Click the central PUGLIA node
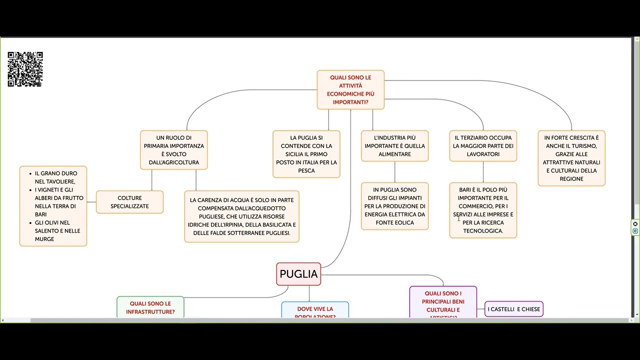pos(298,274)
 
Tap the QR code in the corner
pos(25,69)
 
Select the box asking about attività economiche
pos(350,89)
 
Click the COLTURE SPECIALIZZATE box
pos(129,202)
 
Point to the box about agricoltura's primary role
pos(173,150)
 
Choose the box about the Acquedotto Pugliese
pos(241,216)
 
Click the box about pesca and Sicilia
pos(306,154)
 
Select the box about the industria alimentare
pos(394,146)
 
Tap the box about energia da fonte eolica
pos(394,206)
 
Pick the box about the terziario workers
pos(483,146)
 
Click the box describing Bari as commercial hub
pos(483,210)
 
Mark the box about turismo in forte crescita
pos(571,158)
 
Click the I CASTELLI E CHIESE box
pos(513,309)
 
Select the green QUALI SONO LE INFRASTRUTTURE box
pos(150,307)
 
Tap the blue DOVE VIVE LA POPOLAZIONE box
pos(315,310)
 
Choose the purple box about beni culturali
pos(443,303)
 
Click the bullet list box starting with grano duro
pos(53,206)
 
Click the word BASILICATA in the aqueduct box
pos(272,225)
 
